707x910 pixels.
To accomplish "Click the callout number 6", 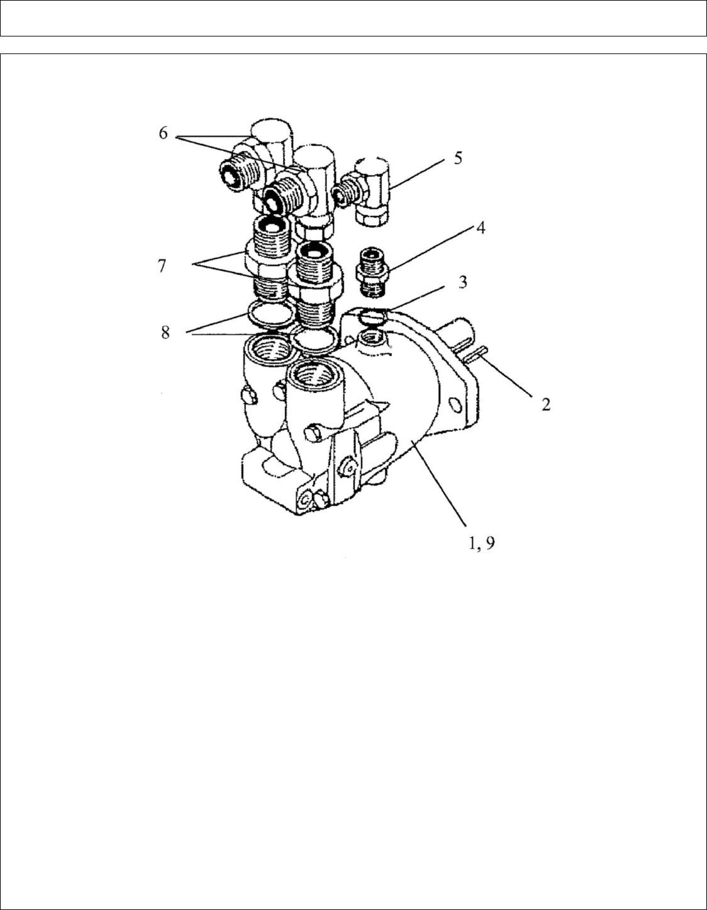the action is tap(163, 134).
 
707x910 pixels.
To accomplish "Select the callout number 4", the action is tap(479, 227).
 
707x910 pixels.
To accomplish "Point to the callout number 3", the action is tap(462, 282).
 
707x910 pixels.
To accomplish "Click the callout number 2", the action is tap(546, 404).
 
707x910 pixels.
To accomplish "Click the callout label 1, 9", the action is tap(481, 543).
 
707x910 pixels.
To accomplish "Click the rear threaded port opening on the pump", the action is tap(265, 347).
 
